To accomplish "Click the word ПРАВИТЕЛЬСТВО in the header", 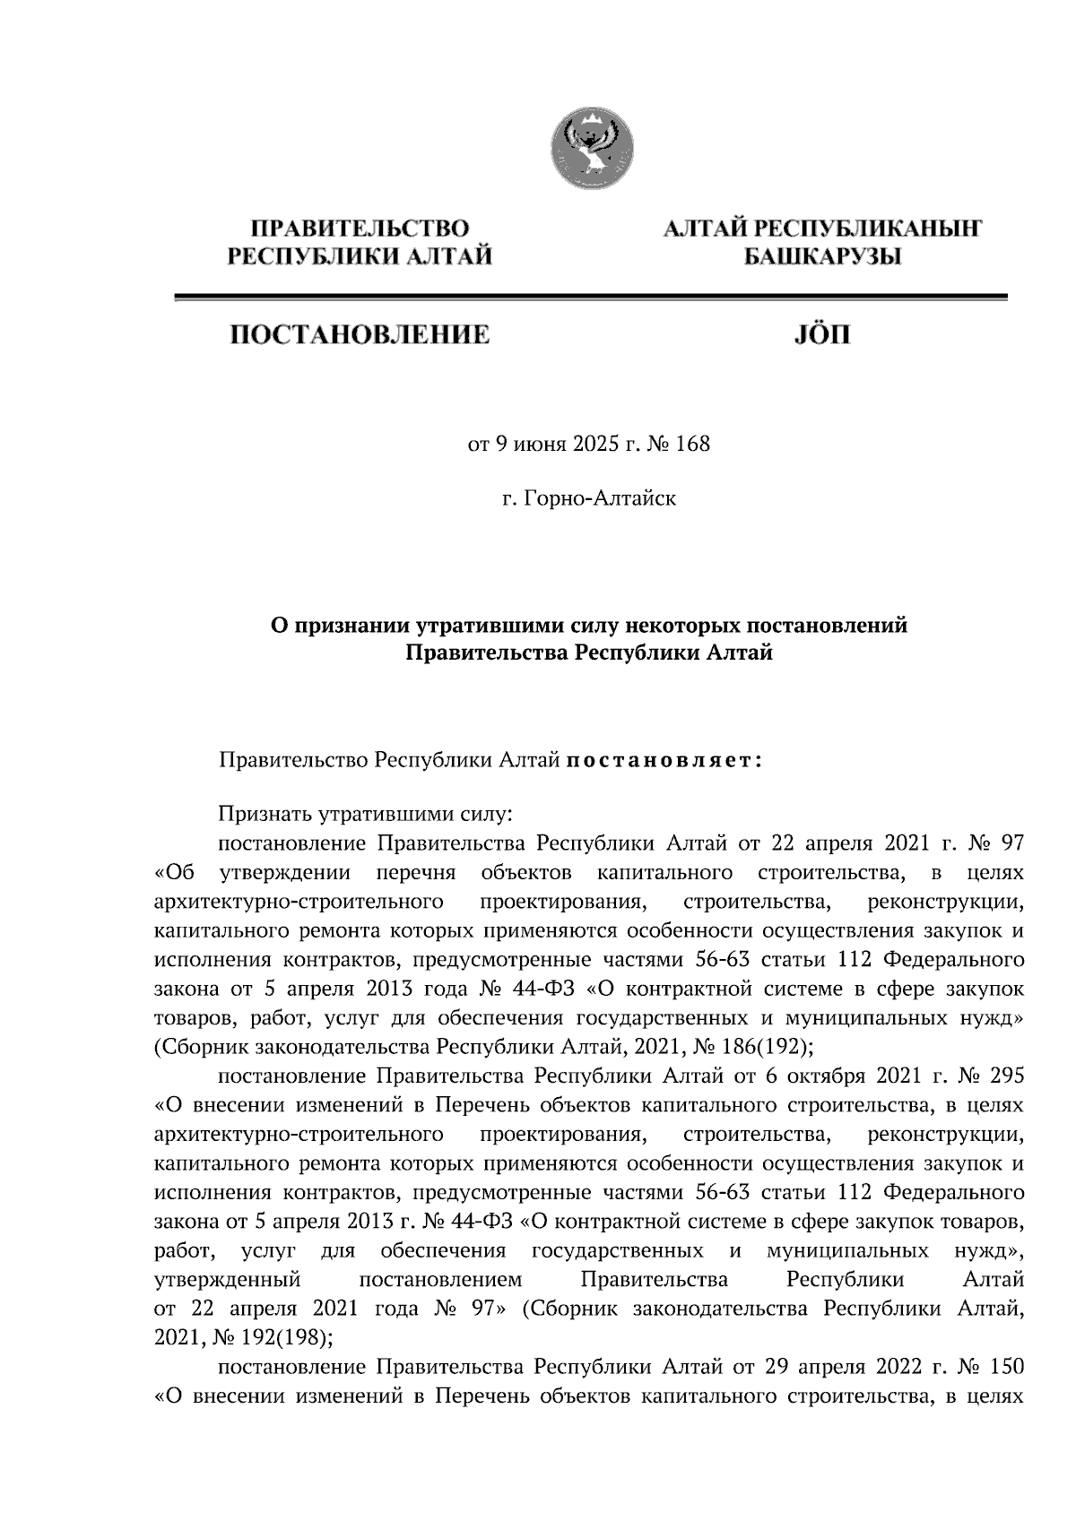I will (360, 229).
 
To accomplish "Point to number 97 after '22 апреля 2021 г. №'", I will (1011, 843).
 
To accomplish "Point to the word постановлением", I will (438, 1278).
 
